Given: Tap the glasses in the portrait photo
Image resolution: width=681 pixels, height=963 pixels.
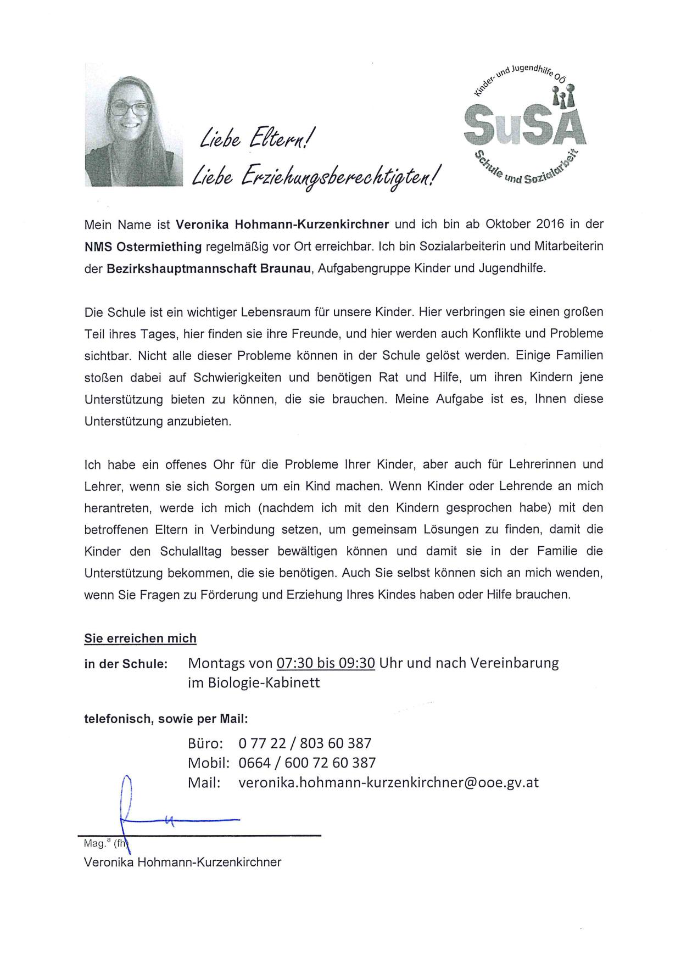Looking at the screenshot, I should tap(130, 108).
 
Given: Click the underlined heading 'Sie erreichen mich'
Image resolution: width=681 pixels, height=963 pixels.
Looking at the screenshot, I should tap(140, 638).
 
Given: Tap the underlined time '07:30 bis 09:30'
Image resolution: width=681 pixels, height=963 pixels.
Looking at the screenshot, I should tap(326, 663).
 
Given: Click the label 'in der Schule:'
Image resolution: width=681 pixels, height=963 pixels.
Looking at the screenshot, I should tap(125, 664).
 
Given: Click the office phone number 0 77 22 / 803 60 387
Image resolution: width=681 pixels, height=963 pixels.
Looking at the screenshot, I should tap(305, 743).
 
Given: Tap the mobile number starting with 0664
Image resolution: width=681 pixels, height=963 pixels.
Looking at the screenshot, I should tap(307, 763).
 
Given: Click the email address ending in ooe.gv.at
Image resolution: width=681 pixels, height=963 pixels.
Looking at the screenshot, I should tap(388, 782).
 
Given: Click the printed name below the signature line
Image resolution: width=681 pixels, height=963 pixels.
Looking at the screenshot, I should tap(182, 862).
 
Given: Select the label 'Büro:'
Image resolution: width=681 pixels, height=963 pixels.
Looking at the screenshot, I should tap(205, 743).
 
